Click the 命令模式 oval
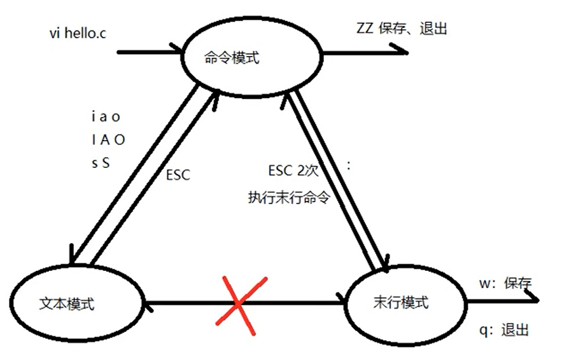pyautogui.click(x=232, y=57)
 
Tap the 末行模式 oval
pyautogui.click(x=401, y=302)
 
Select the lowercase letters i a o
pyautogui.click(x=106, y=118)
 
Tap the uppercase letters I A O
pyautogui.click(x=108, y=140)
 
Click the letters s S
pyautogui.click(x=101, y=162)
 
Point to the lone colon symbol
pyautogui.click(x=349, y=165)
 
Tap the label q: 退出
pyautogui.click(x=506, y=331)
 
